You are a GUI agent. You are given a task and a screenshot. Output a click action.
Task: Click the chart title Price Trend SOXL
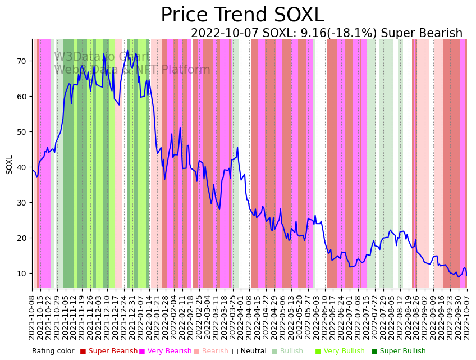pyautogui.click(x=242, y=15)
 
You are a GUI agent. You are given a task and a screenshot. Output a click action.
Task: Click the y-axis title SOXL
pyautogui.click(x=9, y=165)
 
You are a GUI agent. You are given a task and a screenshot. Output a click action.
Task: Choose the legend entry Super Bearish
pyautogui.click(x=113, y=352)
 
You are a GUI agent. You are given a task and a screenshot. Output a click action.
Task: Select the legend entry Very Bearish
pyautogui.click(x=169, y=352)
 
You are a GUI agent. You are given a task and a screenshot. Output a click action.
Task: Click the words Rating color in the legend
pyautogui.click(x=53, y=352)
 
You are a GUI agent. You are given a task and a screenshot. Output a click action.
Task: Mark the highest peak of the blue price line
pyautogui.click(x=127, y=51)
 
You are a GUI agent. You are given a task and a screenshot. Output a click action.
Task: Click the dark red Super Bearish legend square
pyautogui.click(x=83, y=352)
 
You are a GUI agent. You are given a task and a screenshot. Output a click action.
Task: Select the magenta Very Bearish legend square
pyautogui.click(x=142, y=352)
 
